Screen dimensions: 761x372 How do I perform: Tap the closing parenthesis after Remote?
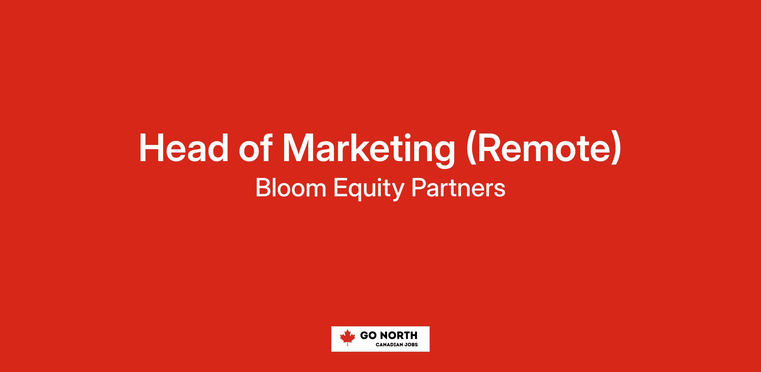(x=617, y=149)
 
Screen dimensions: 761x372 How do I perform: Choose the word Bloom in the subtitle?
(x=291, y=188)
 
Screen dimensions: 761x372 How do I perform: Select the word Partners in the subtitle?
(x=458, y=189)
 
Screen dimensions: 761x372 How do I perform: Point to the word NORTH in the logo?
(x=399, y=336)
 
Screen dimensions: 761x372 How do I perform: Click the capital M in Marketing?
(x=298, y=148)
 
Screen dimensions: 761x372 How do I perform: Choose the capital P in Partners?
(x=419, y=189)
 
